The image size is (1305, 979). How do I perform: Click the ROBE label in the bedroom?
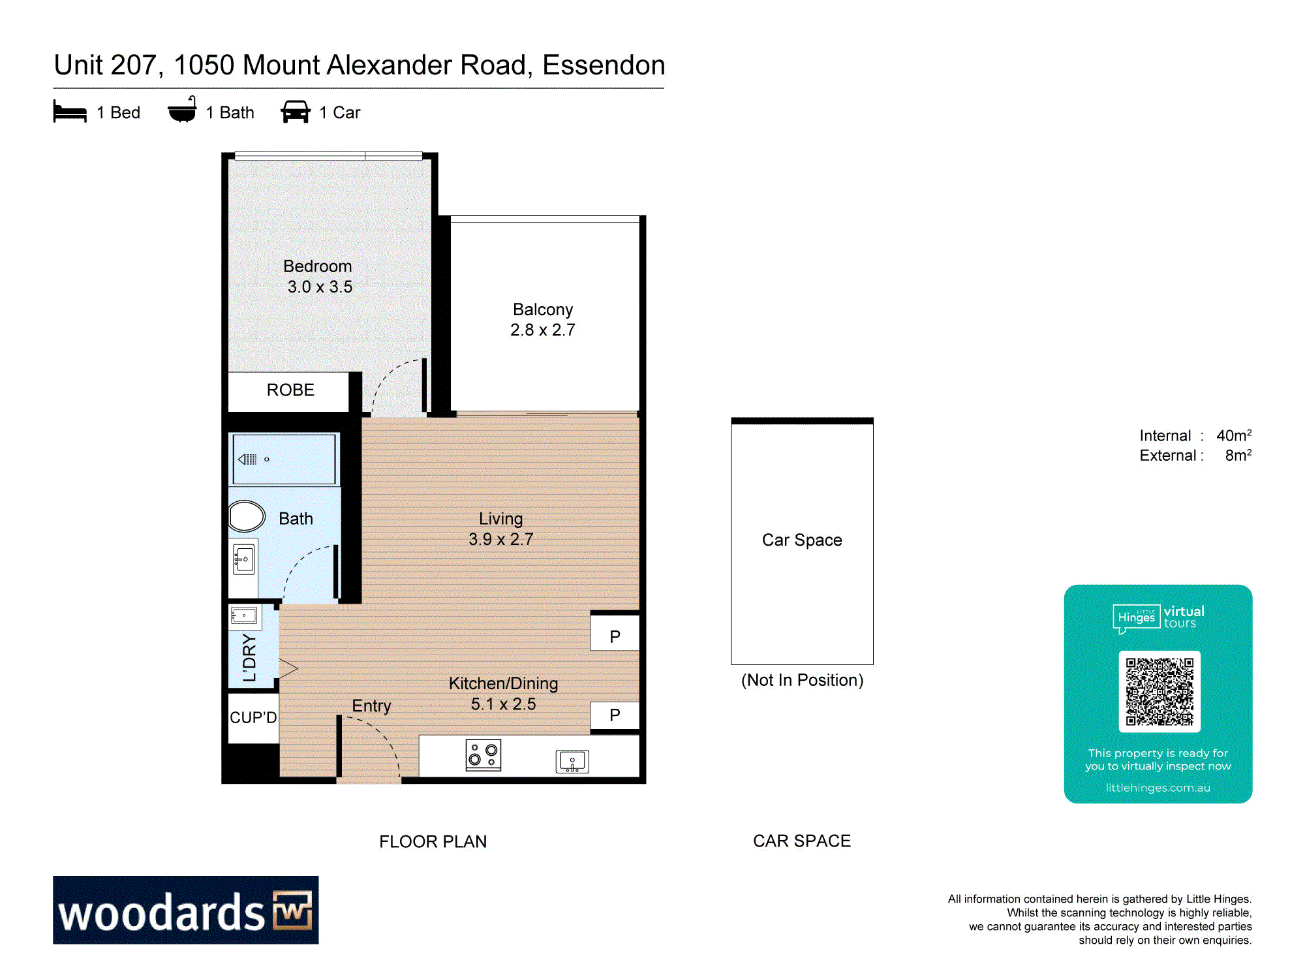click(x=290, y=390)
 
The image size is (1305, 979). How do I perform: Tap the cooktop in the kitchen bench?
click(x=484, y=755)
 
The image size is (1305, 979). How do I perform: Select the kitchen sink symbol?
click(x=572, y=761)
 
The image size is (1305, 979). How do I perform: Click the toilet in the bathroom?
click(x=247, y=516)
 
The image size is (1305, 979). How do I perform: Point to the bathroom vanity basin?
click(x=244, y=559)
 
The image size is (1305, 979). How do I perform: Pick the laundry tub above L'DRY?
click(x=244, y=615)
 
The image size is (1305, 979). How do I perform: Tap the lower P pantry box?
click(x=615, y=715)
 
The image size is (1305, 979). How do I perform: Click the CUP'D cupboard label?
click(x=253, y=717)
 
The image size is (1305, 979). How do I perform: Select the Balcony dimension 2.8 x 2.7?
click(x=543, y=330)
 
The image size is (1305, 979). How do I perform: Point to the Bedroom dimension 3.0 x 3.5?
click(x=320, y=287)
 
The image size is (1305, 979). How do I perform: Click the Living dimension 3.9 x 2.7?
click(x=501, y=539)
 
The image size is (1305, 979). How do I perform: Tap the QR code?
click(x=1159, y=692)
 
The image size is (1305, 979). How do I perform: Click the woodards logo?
click(x=186, y=910)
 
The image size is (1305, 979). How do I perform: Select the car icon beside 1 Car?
click(x=296, y=112)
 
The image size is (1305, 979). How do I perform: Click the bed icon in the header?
click(x=70, y=112)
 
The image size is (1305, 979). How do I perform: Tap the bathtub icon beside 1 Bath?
click(x=182, y=110)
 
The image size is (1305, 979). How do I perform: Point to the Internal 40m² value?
click(x=1234, y=435)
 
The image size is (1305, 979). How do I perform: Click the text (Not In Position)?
click(x=802, y=680)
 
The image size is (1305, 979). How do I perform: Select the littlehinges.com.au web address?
click(x=1158, y=788)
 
